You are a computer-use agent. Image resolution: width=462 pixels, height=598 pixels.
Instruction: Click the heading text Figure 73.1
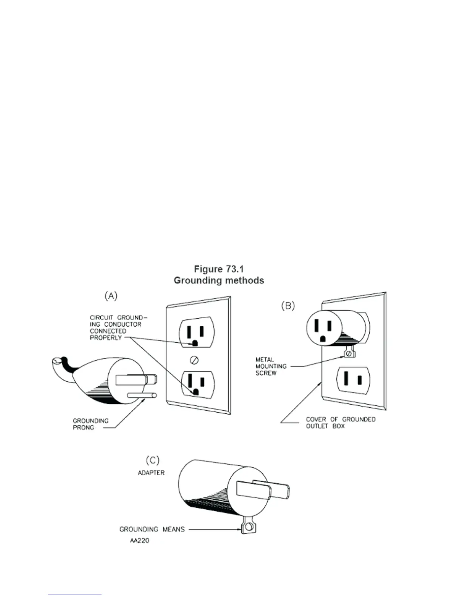219,269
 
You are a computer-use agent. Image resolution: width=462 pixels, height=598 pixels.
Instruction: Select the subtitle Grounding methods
219,281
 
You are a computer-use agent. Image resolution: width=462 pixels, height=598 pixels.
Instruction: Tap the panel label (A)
111,296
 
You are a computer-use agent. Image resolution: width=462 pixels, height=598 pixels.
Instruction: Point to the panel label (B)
288,306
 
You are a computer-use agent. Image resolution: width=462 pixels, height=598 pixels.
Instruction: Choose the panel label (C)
152,460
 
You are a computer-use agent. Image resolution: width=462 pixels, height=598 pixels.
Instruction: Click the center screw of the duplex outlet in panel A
194,360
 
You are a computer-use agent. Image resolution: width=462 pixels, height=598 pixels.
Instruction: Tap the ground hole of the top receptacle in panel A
195,344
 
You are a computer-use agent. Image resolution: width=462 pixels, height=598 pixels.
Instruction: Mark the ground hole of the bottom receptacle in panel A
196,392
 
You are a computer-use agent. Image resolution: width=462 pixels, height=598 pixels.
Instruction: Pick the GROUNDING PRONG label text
90,424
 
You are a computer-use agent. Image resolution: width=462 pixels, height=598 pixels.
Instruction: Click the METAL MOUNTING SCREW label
271,366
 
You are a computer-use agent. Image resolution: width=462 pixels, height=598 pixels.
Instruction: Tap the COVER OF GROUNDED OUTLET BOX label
340,422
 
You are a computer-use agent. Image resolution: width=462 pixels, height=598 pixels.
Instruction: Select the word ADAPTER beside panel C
151,473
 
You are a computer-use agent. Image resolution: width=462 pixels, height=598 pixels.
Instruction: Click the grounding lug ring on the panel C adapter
248,527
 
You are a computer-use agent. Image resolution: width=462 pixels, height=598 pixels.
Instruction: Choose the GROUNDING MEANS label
152,529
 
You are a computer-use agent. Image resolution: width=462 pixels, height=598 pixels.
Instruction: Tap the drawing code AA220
140,541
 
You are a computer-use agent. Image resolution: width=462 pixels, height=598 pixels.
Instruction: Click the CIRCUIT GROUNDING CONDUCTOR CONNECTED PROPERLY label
116,327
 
